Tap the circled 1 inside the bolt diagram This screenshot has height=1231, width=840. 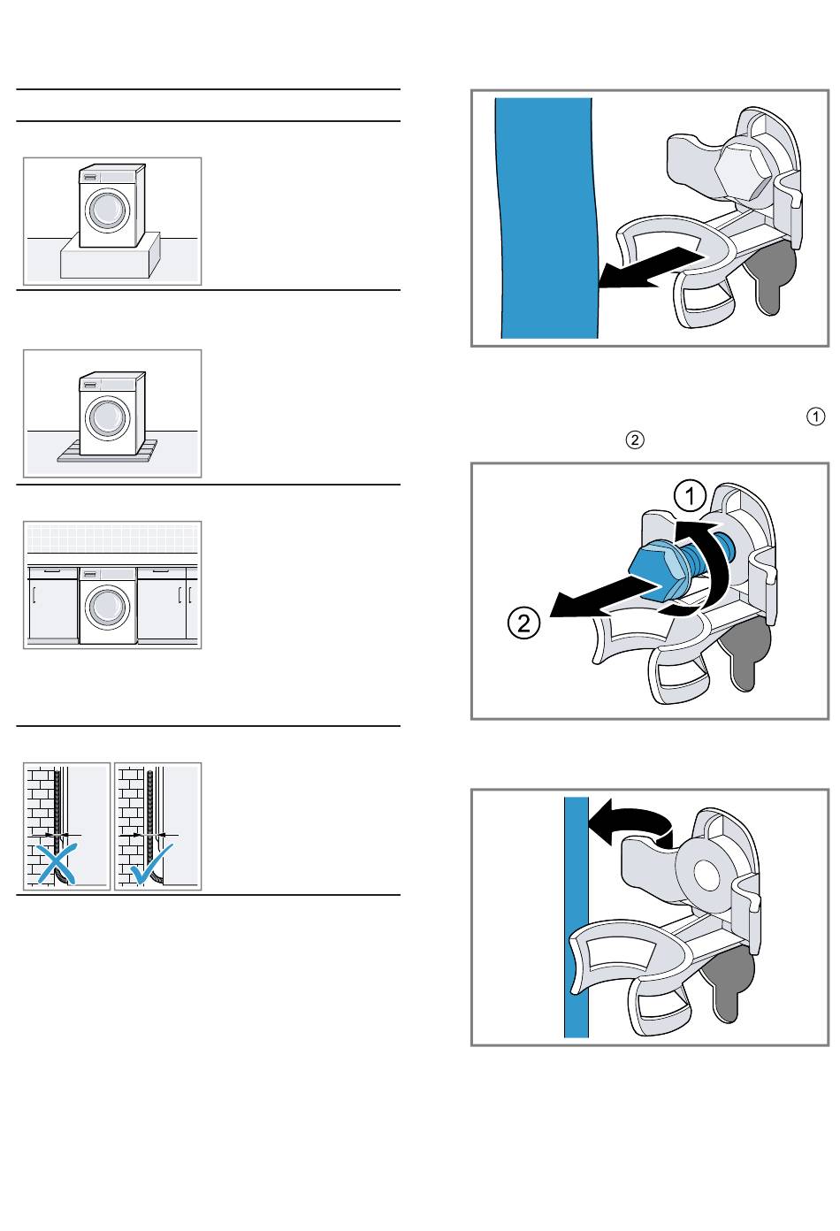690,496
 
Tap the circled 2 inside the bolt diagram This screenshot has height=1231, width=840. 523,623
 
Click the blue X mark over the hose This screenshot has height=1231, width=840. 56,865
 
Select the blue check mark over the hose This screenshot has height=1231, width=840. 151,863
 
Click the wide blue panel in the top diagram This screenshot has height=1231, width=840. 547,218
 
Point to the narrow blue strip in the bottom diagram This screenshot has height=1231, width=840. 577,917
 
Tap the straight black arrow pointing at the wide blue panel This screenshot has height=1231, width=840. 651,268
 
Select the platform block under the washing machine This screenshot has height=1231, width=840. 110,256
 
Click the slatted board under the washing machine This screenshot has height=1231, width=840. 108,451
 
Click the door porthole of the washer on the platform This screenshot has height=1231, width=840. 107,209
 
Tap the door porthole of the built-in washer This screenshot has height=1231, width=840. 107,608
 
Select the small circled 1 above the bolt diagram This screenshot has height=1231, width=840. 815,417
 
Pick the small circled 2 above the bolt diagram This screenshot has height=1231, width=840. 635,440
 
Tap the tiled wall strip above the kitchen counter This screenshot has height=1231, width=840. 112,539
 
